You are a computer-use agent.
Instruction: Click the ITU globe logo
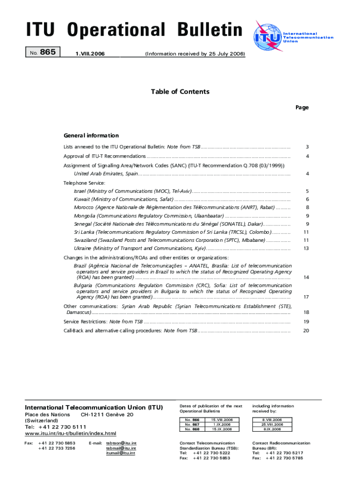(x=267, y=36)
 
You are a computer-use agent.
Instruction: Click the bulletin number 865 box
(x=43, y=52)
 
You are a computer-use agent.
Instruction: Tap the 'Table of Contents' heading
(x=180, y=92)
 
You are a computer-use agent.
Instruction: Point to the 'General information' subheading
(x=91, y=136)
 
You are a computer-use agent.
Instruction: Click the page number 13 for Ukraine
(x=306, y=248)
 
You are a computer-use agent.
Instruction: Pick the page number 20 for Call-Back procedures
(x=306, y=331)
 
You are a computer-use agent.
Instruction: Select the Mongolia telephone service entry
(x=149, y=216)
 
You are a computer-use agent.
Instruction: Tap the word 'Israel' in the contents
(x=80, y=191)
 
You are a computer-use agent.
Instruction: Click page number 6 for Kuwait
(x=307, y=200)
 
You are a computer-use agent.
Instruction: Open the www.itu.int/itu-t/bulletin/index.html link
(x=70, y=433)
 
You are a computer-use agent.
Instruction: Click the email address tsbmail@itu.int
(x=121, y=448)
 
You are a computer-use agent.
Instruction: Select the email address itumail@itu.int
(x=121, y=453)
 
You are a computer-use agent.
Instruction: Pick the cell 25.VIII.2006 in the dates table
(x=272, y=425)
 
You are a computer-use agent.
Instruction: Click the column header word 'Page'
(x=302, y=108)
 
